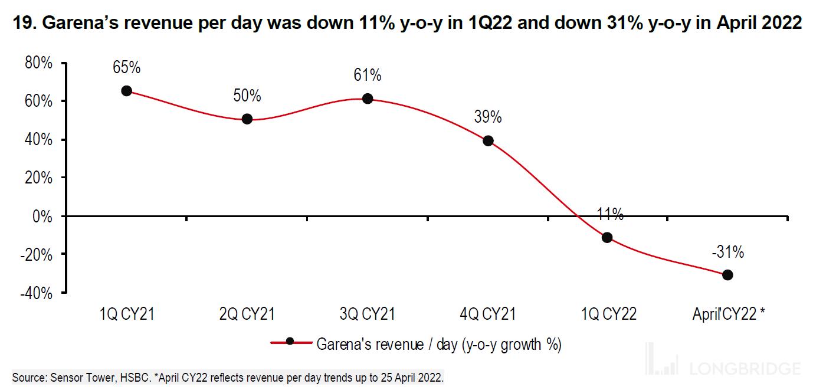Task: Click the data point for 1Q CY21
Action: (x=126, y=91)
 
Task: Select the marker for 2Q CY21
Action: (x=247, y=119)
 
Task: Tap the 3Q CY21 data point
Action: (x=368, y=99)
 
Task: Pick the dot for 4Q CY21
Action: (x=488, y=141)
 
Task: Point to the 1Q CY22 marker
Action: (x=607, y=238)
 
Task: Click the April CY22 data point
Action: (x=727, y=275)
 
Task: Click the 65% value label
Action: (x=126, y=67)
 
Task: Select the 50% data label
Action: (x=247, y=96)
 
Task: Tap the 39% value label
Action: (x=488, y=117)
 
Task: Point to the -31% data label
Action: (x=727, y=252)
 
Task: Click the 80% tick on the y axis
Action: (x=38, y=63)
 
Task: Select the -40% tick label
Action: (x=37, y=293)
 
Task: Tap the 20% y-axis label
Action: (x=38, y=178)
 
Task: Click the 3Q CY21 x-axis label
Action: (x=368, y=314)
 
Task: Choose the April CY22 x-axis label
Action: (x=728, y=314)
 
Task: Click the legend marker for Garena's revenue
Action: (x=290, y=341)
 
